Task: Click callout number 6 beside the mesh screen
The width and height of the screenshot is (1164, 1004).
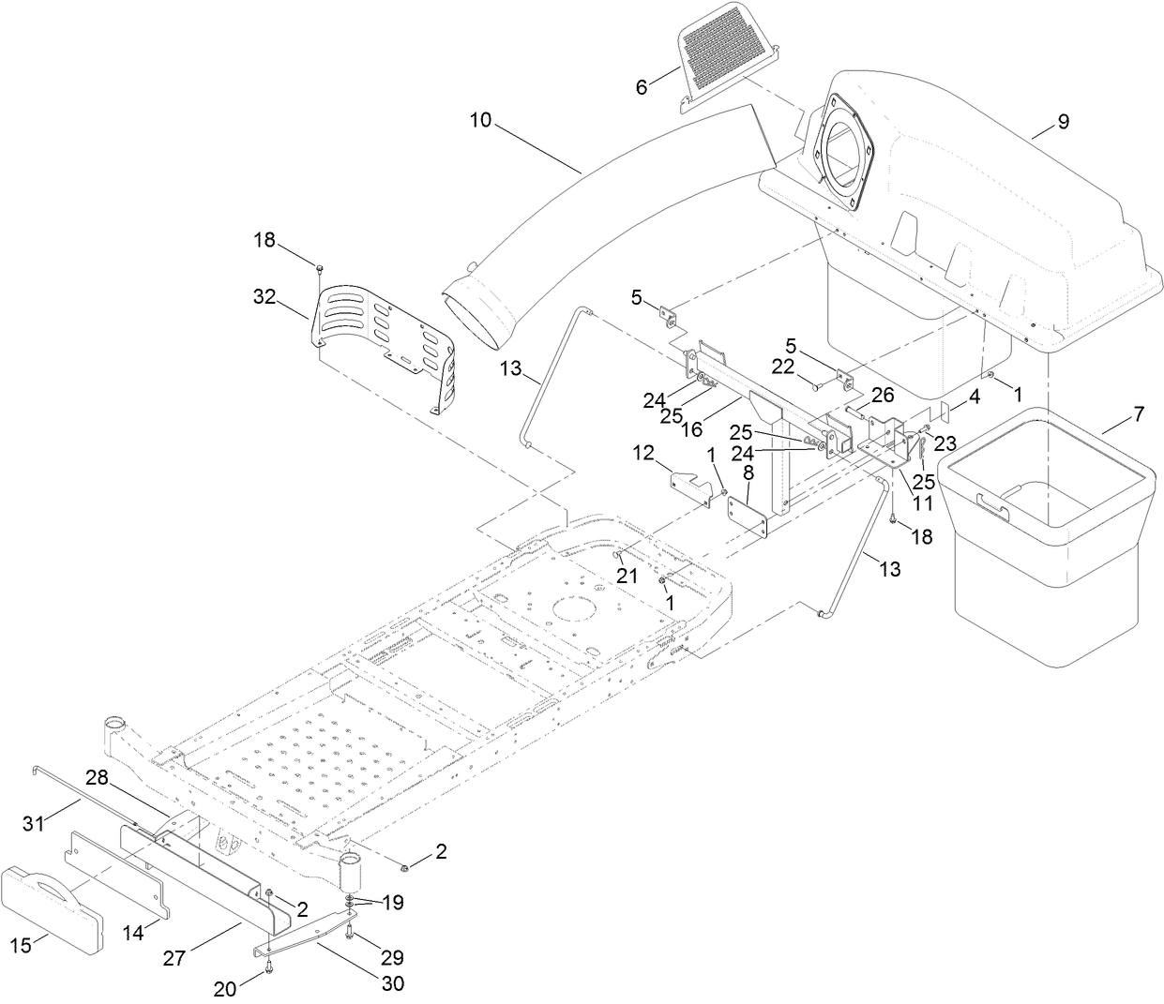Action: pyautogui.click(x=642, y=86)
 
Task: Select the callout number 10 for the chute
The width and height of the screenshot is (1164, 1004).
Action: pyautogui.click(x=480, y=121)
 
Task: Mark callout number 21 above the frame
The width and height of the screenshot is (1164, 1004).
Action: pyautogui.click(x=625, y=576)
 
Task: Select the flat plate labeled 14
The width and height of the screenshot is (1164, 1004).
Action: pyautogui.click(x=117, y=867)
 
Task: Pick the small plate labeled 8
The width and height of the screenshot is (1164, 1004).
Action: pyautogui.click(x=748, y=517)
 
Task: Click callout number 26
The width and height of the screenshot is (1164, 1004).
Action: pyautogui.click(x=884, y=396)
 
